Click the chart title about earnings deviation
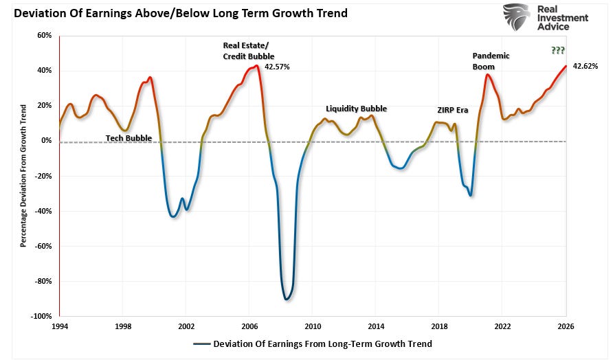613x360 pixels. point(176,13)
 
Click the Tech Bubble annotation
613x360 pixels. point(129,138)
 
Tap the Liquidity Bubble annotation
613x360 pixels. point(356,109)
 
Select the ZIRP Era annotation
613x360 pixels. point(452,109)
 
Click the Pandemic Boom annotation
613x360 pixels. point(491,61)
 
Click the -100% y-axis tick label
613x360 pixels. point(42,316)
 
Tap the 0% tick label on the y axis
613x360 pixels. point(46,140)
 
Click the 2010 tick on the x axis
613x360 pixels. point(313,326)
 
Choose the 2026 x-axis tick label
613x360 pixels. point(566,326)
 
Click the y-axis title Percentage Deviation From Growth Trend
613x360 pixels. point(23,176)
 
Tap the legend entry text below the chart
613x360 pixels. point(322,344)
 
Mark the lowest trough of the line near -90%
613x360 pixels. point(286,299)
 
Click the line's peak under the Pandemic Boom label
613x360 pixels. point(487,74)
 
